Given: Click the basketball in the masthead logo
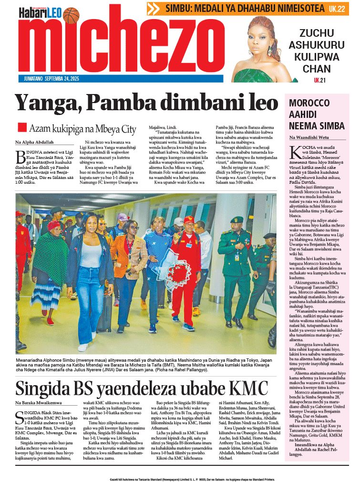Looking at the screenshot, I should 71,15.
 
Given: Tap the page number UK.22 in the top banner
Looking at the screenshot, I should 337,9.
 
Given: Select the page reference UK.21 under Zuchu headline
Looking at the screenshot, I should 319,80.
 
